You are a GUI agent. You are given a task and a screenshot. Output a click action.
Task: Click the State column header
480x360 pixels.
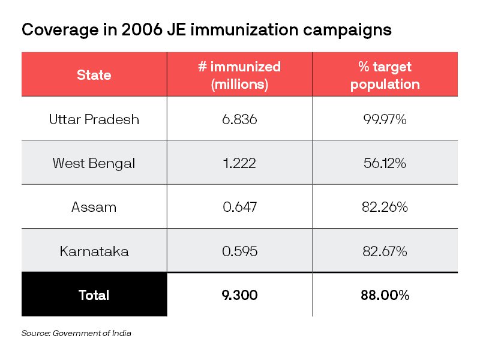(94, 75)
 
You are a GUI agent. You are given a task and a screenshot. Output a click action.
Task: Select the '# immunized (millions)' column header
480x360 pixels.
(239, 75)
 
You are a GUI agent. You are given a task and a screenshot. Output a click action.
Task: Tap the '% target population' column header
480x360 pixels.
(385, 75)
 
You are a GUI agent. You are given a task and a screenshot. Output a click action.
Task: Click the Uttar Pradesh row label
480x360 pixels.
(94, 119)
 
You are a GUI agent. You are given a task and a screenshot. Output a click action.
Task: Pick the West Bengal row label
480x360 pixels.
(94, 163)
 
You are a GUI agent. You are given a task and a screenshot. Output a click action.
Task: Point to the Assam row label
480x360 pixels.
(94, 207)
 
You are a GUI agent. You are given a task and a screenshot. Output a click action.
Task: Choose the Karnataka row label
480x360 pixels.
(94, 251)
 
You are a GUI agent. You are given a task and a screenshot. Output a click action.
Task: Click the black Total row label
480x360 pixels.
(94, 295)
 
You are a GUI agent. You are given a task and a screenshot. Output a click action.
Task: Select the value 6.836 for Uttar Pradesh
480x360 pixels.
(239, 119)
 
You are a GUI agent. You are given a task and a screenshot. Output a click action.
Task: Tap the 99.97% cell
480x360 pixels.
(385, 119)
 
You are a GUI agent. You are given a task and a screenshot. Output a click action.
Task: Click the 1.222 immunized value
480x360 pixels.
(239, 163)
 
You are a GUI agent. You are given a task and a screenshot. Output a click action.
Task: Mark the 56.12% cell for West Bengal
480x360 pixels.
(385, 163)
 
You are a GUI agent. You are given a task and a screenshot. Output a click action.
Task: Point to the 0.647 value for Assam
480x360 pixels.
(239, 207)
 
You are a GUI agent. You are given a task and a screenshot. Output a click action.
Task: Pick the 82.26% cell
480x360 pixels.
(385, 207)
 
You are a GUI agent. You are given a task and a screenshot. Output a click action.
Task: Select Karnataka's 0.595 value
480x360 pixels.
(239, 251)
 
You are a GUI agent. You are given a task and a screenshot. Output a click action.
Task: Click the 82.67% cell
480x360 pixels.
(385, 251)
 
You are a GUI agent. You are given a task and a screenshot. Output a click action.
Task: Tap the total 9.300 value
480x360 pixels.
(239, 295)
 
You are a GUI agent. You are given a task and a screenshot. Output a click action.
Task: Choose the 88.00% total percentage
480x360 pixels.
(385, 295)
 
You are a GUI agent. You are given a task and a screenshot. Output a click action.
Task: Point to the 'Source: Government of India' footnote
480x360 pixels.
(76, 333)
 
